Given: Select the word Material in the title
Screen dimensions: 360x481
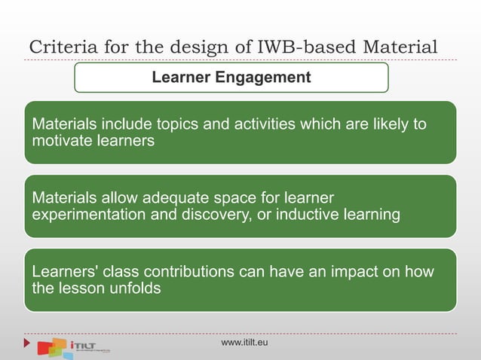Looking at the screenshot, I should [x=400, y=47].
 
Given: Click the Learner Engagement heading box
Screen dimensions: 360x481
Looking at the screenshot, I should [x=231, y=77].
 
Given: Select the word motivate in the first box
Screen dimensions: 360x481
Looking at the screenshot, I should [x=60, y=140].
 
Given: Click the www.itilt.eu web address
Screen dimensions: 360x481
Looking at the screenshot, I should [x=244, y=343].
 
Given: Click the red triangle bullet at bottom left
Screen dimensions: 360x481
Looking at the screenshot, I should [x=28, y=343].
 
